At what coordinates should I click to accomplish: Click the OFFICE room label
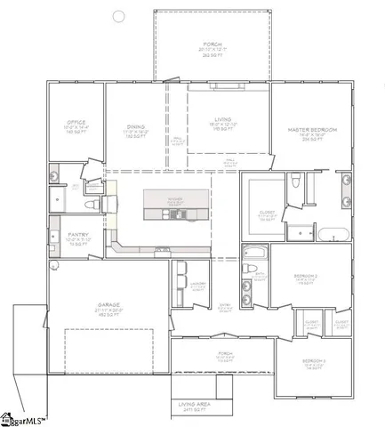(75, 122)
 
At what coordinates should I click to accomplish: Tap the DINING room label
(135, 126)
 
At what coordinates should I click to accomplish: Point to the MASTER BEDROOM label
(312, 130)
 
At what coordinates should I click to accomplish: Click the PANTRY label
(77, 235)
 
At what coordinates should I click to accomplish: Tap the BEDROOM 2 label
(307, 277)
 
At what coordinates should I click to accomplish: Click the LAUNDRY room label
(197, 284)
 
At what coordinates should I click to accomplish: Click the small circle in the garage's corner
(55, 264)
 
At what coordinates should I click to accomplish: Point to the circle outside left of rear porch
(119, 16)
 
